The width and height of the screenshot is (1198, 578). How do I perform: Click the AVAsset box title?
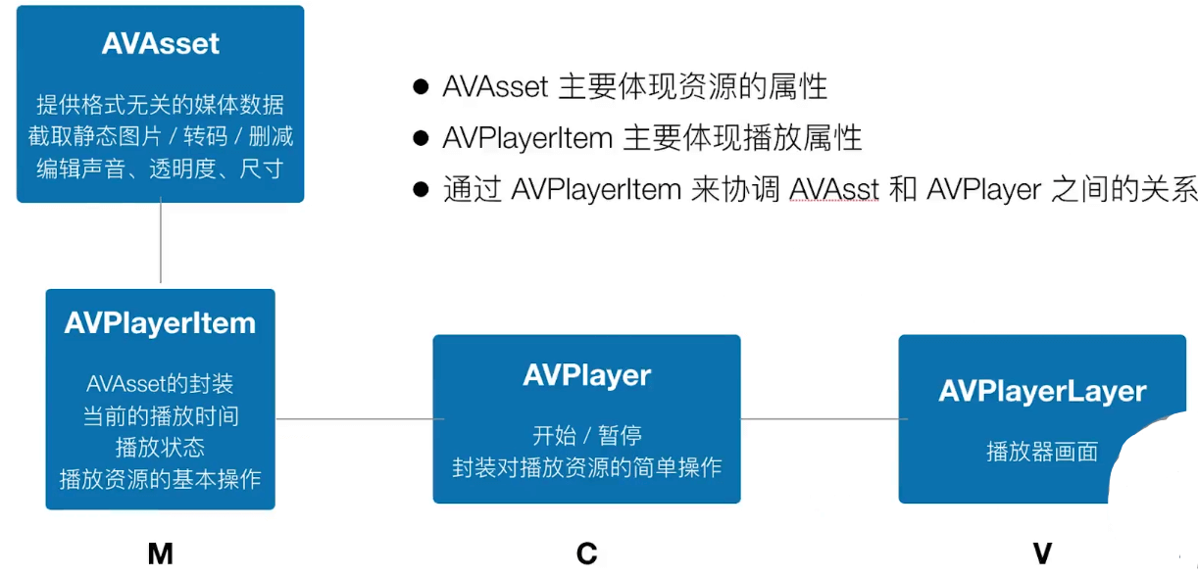(x=160, y=44)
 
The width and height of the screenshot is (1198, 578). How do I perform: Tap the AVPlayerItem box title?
(x=160, y=323)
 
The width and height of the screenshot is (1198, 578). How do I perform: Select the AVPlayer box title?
(x=586, y=375)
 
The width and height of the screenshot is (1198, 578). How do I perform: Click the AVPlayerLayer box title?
(x=1042, y=391)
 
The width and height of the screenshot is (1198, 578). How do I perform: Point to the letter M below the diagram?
(x=160, y=554)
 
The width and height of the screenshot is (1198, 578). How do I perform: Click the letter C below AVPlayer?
(x=586, y=554)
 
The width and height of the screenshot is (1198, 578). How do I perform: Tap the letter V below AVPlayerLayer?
(x=1042, y=554)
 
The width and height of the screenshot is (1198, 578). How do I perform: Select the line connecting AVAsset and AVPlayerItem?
(x=160, y=245)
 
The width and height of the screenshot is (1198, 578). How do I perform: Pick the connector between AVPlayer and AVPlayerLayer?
(x=820, y=419)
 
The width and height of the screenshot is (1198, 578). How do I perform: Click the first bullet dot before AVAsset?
(x=421, y=87)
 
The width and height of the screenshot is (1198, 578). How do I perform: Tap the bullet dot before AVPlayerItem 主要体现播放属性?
(x=421, y=138)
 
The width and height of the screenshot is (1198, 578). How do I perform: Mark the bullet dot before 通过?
(x=421, y=189)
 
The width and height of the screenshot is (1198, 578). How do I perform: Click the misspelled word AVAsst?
(x=833, y=189)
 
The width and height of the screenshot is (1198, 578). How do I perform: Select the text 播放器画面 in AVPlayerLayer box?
(x=1041, y=453)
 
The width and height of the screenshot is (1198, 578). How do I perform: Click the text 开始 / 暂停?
(x=586, y=435)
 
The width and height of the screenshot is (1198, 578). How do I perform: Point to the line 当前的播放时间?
(x=160, y=415)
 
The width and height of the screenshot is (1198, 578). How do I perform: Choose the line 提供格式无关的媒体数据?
(x=160, y=104)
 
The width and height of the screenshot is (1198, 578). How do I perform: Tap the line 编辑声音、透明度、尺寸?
(x=160, y=169)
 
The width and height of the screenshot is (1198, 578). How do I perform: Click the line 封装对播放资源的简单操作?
(x=586, y=467)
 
